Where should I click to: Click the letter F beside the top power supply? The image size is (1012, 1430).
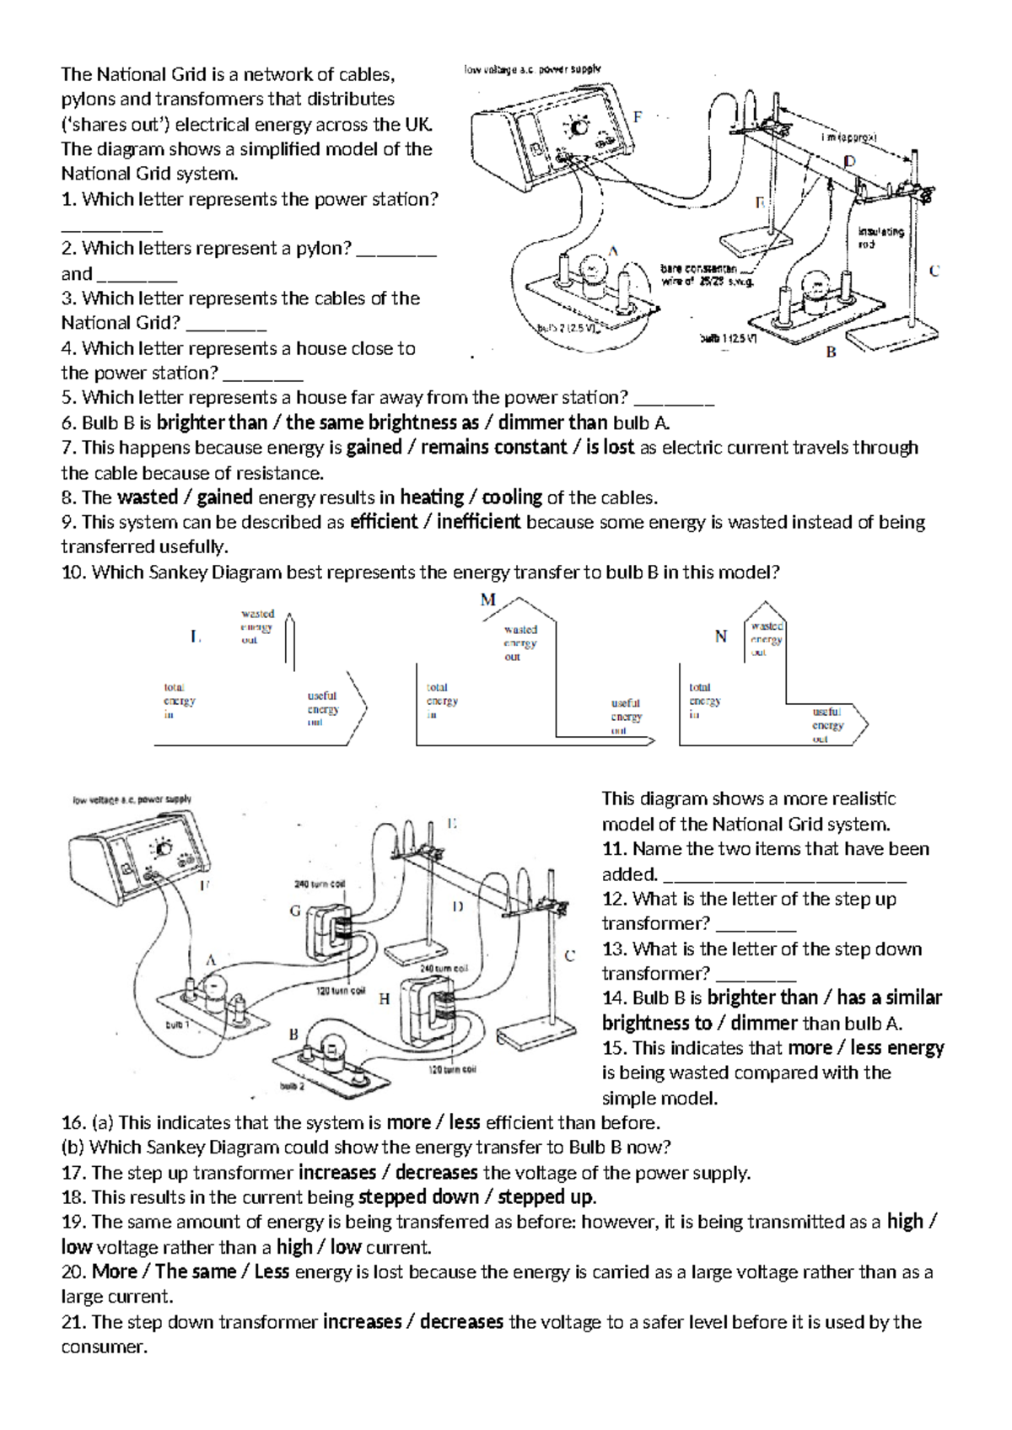(638, 116)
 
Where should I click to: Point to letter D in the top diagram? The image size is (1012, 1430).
(849, 160)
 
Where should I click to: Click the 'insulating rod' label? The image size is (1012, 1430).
(880, 237)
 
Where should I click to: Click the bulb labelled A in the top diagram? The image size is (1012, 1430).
(593, 273)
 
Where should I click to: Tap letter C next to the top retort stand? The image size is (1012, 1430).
(934, 271)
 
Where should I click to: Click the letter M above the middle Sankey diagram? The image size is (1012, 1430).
(488, 600)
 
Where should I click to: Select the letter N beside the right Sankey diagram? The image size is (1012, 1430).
(720, 637)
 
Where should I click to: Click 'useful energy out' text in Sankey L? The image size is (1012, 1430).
(322, 709)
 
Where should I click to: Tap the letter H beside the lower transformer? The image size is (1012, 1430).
(384, 999)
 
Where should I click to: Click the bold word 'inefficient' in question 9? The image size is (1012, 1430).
(478, 522)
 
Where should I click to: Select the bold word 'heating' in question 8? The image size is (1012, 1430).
(432, 497)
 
